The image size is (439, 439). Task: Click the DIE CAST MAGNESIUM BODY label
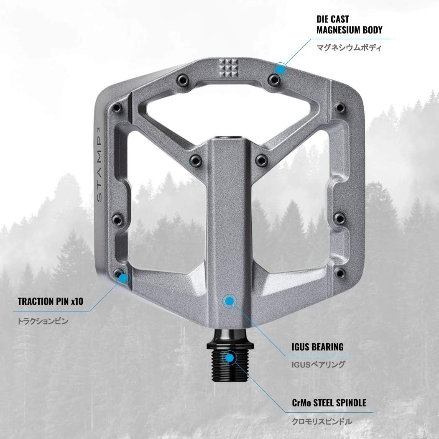349,25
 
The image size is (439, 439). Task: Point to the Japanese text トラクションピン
42,322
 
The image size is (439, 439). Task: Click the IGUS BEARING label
317,347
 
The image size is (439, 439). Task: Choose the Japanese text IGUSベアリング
318,364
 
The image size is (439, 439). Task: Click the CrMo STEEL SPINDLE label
329,403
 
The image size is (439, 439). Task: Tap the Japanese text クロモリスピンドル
322,421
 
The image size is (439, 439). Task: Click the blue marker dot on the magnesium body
281,69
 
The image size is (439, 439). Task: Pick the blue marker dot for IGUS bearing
229,300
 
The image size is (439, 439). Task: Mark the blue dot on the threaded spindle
229,357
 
